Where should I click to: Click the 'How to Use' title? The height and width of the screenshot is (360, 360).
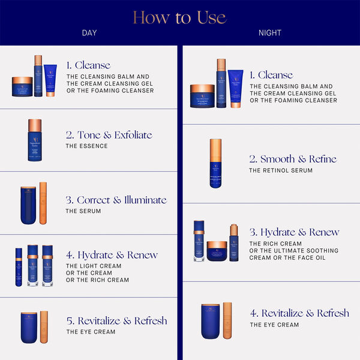coord(179,17)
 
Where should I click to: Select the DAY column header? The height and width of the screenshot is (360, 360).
coord(89,33)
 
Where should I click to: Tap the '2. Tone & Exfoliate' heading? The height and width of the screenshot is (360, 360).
coord(109,135)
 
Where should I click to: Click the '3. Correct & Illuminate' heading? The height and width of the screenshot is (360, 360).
coord(116,200)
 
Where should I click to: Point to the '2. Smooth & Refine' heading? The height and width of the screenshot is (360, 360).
coord(293,159)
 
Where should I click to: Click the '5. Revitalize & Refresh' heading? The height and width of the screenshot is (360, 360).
coord(116,320)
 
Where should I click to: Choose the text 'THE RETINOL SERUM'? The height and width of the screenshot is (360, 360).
coord(281,171)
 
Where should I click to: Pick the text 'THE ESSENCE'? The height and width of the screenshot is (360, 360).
coord(87,146)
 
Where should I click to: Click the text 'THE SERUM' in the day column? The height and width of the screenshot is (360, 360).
coord(83,211)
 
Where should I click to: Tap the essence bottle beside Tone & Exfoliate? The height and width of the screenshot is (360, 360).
coord(35,141)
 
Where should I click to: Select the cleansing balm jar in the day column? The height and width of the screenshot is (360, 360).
coord(22,86)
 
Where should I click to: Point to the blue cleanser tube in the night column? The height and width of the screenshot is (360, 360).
coord(236,88)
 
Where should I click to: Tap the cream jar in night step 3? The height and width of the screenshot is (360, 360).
coord(217,251)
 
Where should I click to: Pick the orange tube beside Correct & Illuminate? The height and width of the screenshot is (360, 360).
coord(43,203)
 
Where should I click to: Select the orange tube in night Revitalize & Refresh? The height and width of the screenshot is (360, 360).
coord(227,321)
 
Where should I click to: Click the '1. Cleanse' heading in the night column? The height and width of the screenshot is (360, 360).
coord(272,75)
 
